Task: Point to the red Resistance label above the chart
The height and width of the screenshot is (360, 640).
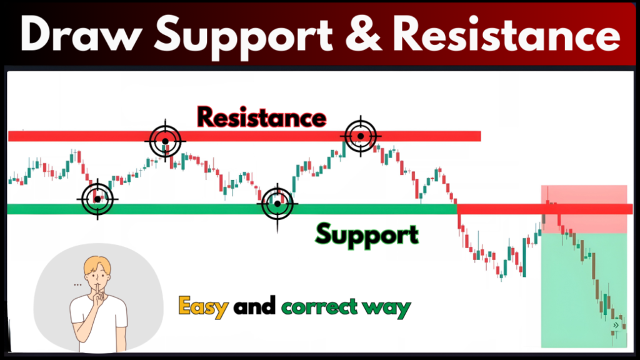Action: (262, 117)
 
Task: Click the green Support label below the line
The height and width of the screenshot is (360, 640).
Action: (366, 235)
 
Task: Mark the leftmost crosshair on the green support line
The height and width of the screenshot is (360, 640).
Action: (97, 199)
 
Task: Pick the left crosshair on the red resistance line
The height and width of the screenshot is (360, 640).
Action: (165, 141)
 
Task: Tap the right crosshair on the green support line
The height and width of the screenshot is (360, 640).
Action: (277, 204)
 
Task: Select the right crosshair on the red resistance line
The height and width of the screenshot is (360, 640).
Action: (360, 135)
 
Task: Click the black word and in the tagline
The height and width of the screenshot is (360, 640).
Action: (254, 307)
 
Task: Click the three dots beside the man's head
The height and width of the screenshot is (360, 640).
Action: (77, 284)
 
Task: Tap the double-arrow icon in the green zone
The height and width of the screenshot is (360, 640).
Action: (616, 325)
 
